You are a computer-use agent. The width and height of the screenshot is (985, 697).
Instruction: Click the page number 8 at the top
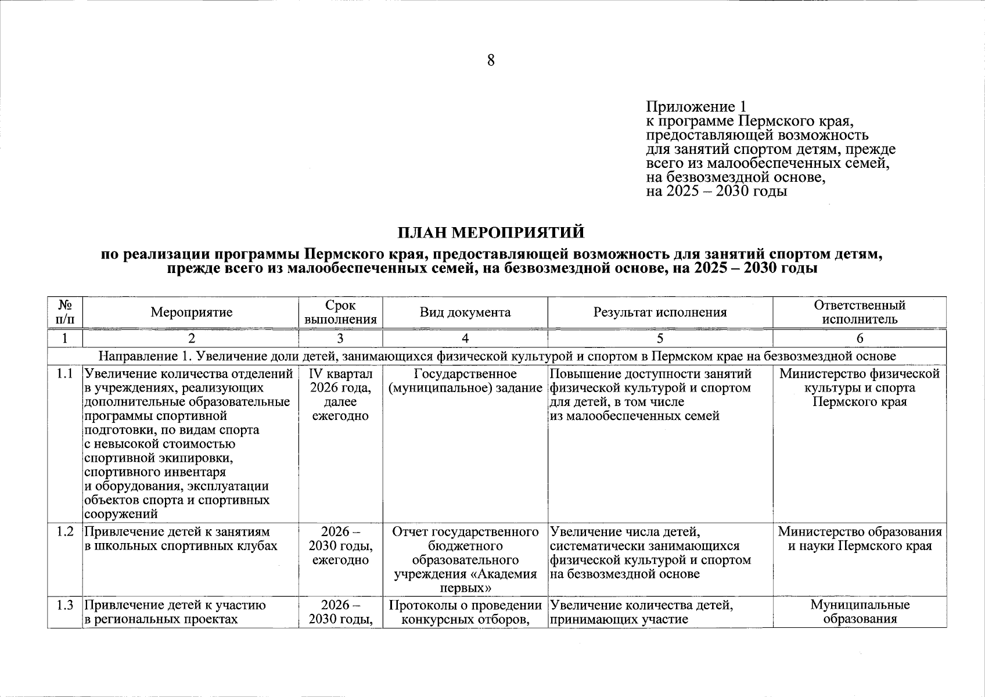(x=491, y=60)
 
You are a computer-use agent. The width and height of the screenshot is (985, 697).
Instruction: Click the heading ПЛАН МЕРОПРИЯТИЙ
(x=491, y=233)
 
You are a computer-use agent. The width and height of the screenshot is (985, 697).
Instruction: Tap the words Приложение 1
(x=696, y=107)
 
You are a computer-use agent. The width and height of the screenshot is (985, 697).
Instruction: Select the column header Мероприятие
(x=191, y=312)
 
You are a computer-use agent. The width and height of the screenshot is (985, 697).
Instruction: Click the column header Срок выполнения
(x=340, y=312)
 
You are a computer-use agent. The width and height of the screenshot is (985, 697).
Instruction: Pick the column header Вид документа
(x=465, y=312)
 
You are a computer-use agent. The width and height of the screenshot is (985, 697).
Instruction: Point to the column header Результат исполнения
(x=660, y=312)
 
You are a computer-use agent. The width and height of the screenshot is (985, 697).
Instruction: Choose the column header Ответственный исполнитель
(x=860, y=312)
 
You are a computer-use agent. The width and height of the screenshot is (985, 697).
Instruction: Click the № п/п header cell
(x=65, y=312)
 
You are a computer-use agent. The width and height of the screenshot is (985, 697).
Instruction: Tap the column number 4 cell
(x=465, y=339)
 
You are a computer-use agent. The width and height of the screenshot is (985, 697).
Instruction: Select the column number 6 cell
(x=860, y=339)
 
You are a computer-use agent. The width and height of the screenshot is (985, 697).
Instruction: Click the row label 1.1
(x=65, y=374)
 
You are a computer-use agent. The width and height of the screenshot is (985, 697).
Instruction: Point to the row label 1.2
(x=65, y=532)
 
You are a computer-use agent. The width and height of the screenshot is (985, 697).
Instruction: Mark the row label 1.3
(x=65, y=605)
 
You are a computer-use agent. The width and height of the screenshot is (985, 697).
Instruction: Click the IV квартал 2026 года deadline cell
(x=340, y=394)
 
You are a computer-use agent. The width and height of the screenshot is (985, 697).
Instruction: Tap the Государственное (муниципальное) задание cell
(x=465, y=380)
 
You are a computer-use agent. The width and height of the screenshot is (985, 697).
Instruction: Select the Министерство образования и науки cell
(x=860, y=539)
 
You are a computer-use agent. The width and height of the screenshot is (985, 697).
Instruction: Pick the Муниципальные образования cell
(x=860, y=612)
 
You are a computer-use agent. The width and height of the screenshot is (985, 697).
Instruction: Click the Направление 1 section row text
(x=497, y=356)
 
